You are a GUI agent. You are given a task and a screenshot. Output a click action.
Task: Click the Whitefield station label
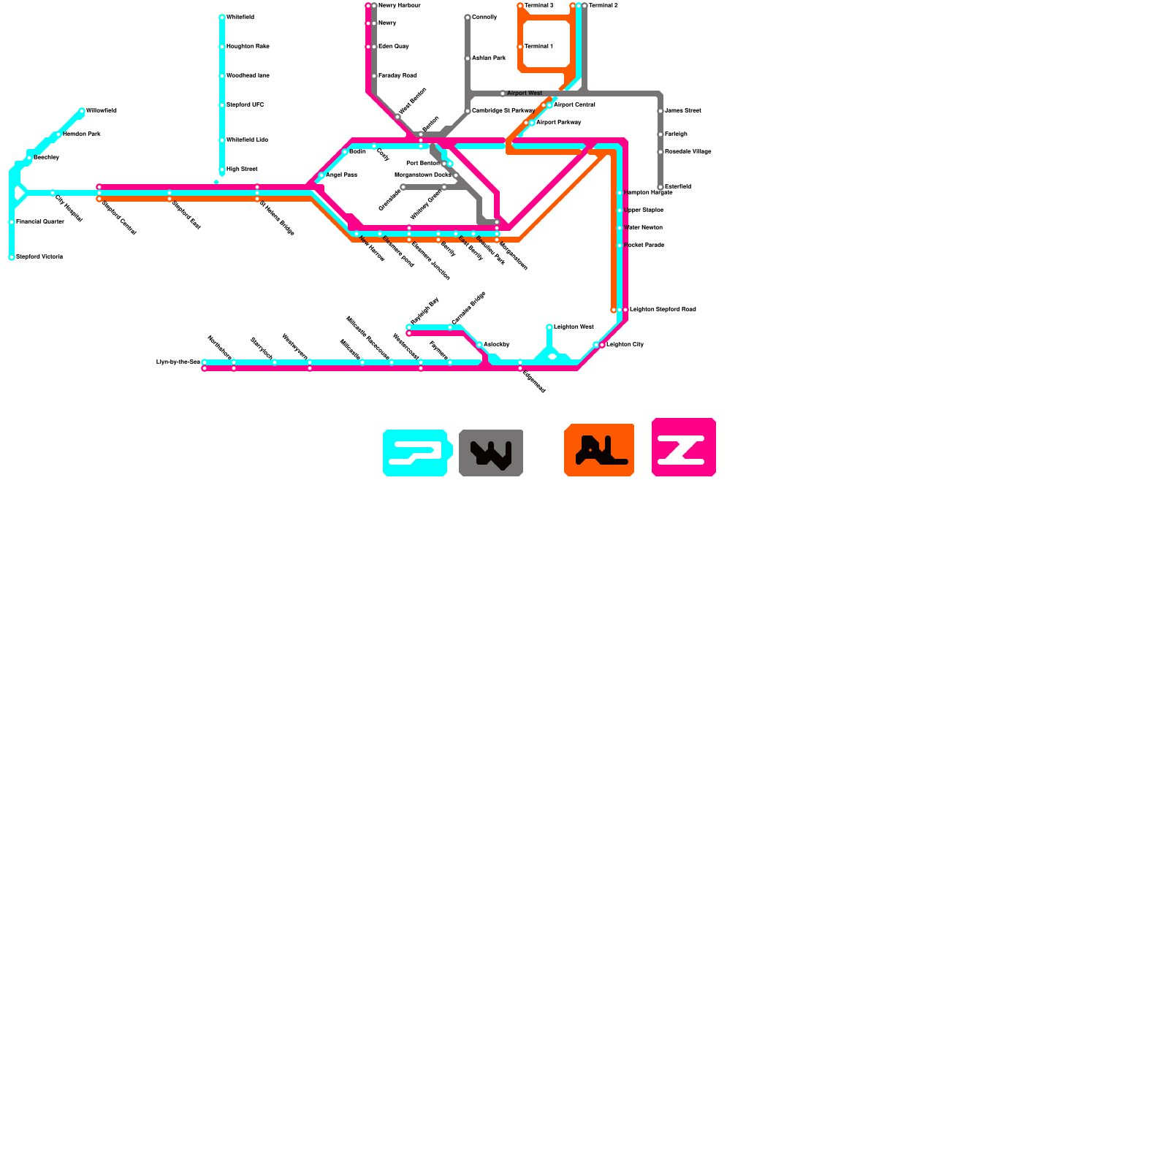click(240, 18)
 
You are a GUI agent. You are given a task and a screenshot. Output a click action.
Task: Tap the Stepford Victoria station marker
click(12, 257)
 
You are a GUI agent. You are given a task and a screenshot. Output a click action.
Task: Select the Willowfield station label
click(101, 111)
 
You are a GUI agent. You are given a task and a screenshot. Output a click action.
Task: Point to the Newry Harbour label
click(399, 6)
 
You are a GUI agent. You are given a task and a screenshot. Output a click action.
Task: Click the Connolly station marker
click(468, 18)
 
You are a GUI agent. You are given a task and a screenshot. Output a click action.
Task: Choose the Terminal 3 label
click(538, 6)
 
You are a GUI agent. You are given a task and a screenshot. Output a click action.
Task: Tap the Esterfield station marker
click(660, 187)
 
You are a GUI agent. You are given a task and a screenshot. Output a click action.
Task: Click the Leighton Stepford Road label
click(663, 310)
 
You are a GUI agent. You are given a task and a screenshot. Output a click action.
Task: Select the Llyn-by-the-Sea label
click(178, 362)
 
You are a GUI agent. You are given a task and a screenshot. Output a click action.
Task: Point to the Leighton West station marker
click(549, 327)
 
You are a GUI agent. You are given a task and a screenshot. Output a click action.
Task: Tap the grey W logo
click(491, 453)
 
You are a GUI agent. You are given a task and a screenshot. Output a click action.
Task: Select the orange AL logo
click(599, 450)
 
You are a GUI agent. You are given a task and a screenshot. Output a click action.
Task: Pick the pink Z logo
click(683, 447)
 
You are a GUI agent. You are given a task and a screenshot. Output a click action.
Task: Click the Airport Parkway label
click(558, 123)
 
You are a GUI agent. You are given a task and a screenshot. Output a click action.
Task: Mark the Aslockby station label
click(496, 345)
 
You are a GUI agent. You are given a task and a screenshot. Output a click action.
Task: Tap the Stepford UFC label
click(245, 105)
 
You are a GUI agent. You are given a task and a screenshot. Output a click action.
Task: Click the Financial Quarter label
click(40, 222)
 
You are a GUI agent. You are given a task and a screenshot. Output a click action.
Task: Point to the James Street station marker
click(660, 111)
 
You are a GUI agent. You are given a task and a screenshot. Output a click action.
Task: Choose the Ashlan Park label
click(488, 58)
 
